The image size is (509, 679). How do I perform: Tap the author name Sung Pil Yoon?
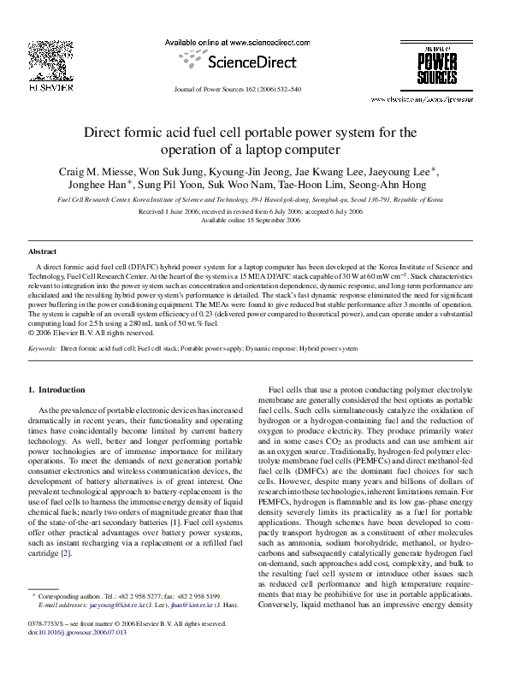167,183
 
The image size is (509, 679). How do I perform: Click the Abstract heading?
42,252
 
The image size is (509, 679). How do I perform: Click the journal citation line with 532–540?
254,89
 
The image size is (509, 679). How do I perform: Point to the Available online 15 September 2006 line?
253,220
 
